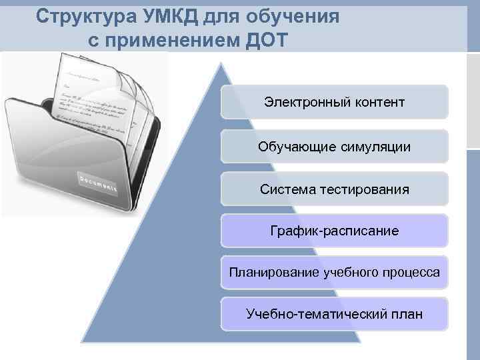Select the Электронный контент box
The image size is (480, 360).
(334, 102)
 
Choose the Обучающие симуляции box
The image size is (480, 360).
(334, 145)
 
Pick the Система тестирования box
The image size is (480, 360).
(334, 189)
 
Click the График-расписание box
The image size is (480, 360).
(334, 231)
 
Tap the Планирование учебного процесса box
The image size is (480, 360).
(334, 272)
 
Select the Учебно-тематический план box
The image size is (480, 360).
(334, 313)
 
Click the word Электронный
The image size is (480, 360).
(298, 102)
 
